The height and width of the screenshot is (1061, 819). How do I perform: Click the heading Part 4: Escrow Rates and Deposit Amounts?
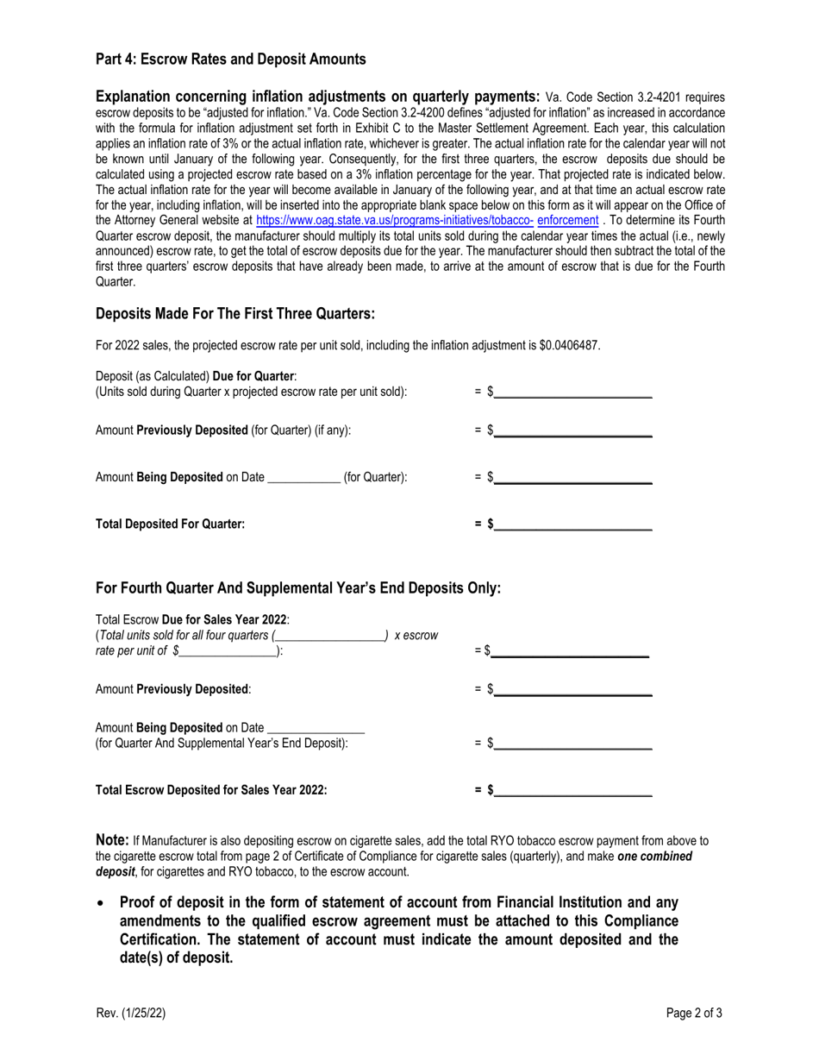coord(230,60)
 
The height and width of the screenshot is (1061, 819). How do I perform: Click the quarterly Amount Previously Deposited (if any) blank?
coord(572,430)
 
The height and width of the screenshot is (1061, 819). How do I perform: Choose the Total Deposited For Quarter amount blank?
coord(572,524)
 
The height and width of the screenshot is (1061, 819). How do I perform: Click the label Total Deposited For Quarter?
coord(170,524)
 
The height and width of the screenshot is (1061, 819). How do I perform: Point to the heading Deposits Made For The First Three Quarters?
coord(235,313)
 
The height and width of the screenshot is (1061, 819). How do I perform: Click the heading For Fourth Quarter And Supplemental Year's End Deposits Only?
coord(298,588)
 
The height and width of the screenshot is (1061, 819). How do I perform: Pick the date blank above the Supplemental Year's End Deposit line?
coord(316,727)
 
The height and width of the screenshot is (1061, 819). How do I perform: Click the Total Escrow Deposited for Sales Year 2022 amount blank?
coord(572,789)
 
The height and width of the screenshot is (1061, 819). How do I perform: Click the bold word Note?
coord(112,840)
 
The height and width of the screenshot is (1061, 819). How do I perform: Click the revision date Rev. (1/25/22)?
coord(130,1014)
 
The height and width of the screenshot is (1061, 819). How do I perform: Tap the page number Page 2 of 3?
coord(694,1014)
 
